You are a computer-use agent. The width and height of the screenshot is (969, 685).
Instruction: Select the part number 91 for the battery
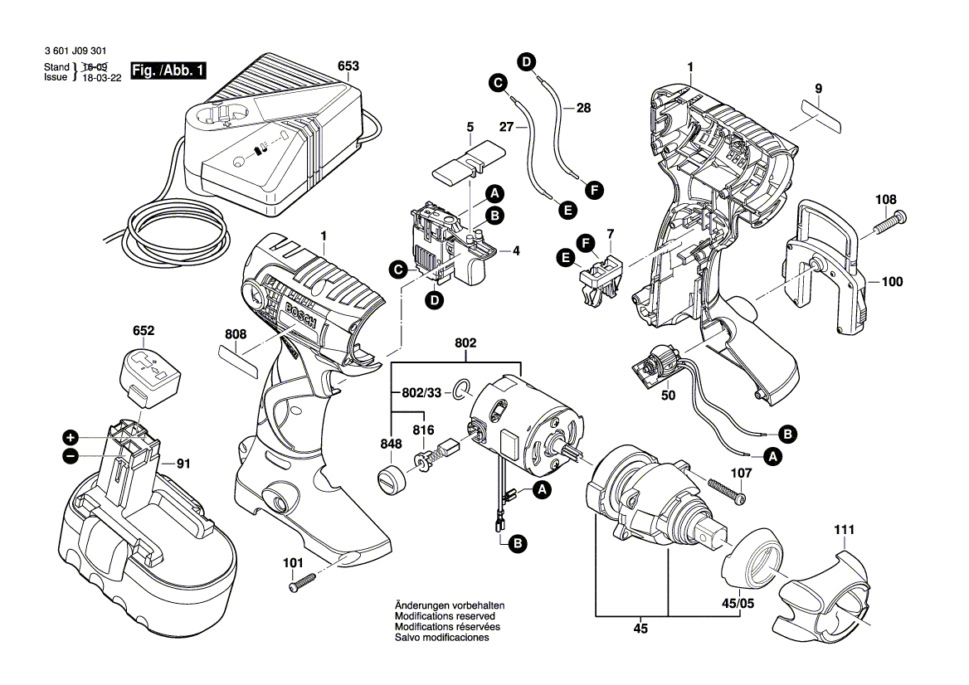184,464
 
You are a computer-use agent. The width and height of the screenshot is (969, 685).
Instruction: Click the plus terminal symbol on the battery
71,437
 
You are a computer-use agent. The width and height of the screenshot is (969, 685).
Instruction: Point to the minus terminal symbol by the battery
71,455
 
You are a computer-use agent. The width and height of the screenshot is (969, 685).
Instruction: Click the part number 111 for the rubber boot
845,529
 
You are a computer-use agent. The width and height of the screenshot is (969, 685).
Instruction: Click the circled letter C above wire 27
496,82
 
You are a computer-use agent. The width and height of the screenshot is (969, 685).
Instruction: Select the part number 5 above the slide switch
470,128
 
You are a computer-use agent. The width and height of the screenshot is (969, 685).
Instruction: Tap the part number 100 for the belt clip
892,282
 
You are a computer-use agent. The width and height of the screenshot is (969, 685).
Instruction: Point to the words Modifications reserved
445,617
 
